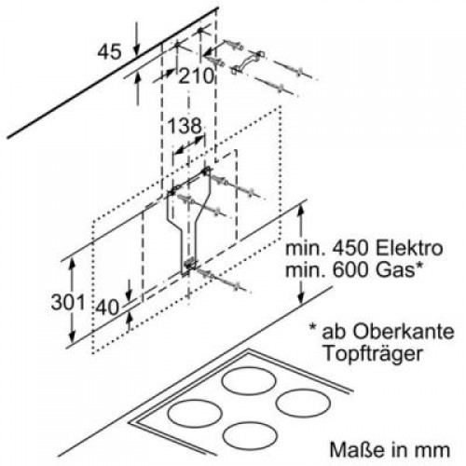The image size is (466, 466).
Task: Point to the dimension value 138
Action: click(x=185, y=124)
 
